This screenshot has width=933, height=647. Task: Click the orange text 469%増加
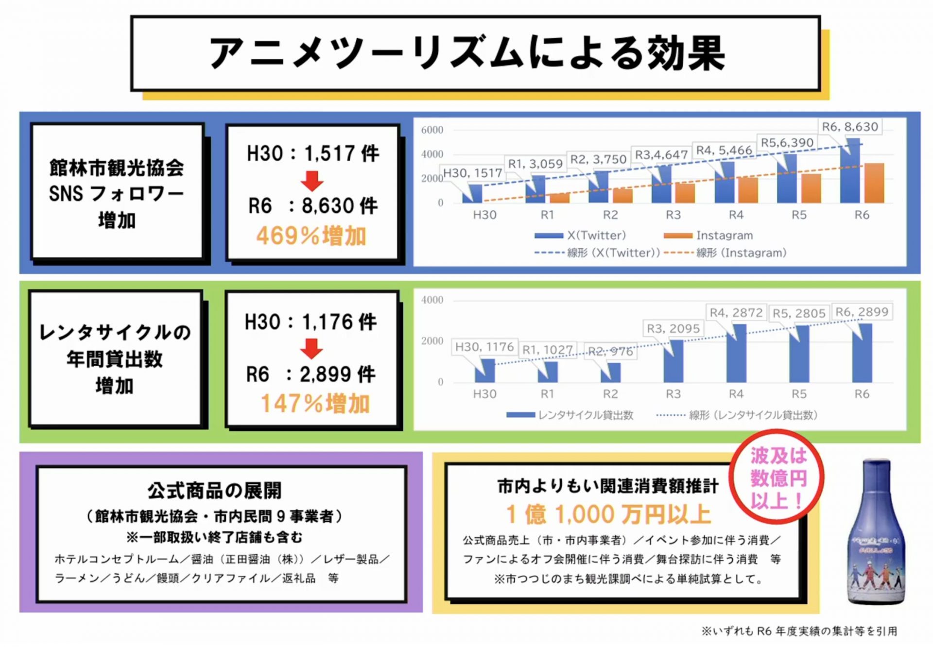(x=311, y=236)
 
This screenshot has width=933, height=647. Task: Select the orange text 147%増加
(x=315, y=404)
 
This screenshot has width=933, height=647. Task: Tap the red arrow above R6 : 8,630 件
(x=311, y=181)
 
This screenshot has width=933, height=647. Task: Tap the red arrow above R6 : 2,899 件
(x=311, y=348)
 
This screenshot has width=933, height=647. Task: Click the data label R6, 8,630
(x=850, y=127)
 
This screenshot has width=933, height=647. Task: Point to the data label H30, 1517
(x=472, y=173)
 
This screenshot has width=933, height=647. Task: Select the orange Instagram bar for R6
(x=874, y=183)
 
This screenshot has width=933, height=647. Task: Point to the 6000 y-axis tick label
(x=432, y=130)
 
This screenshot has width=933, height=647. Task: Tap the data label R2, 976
(x=610, y=351)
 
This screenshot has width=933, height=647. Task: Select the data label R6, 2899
(x=862, y=312)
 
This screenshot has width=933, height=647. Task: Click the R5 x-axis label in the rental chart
(x=799, y=394)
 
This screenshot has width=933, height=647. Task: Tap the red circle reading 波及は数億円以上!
(x=778, y=477)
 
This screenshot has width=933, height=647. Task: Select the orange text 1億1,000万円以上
(x=608, y=514)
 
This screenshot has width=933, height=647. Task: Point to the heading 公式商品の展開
(x=214, y=491)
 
